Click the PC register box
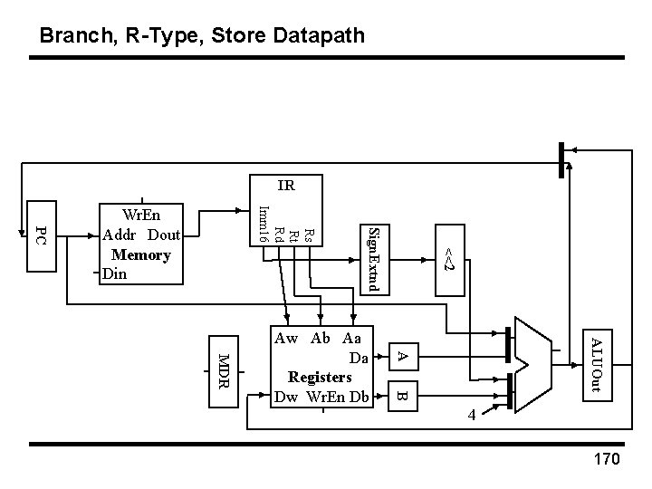40,235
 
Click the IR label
286,187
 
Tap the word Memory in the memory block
140,254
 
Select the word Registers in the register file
319,376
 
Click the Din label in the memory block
115,273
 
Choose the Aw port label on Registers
287,339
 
